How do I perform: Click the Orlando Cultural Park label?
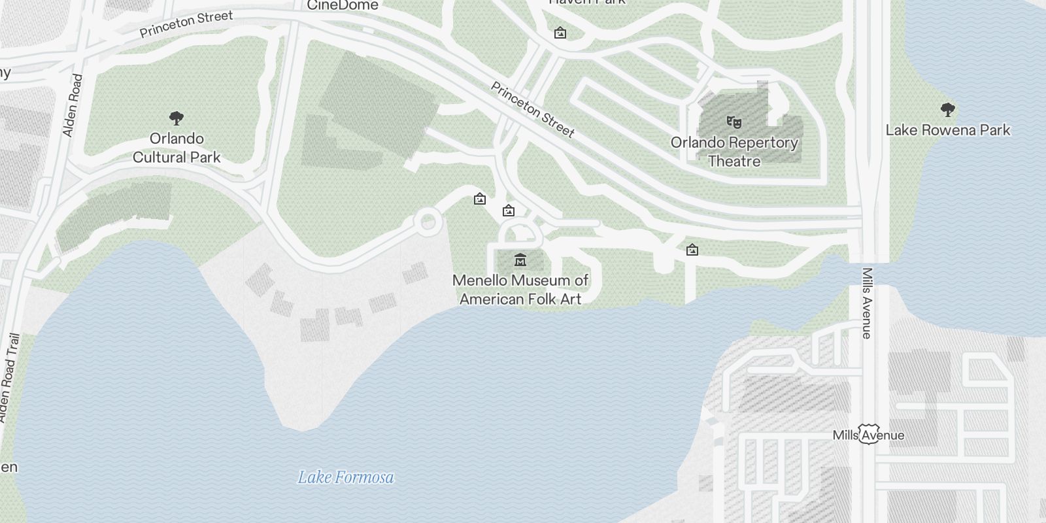177,148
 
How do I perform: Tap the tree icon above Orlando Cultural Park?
176,118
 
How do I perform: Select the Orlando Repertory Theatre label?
734,152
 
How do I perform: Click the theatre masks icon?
734,121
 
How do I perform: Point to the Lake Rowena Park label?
947,130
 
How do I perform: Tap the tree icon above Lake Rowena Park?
947,109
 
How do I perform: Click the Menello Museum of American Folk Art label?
520,290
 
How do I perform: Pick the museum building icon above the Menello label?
520,260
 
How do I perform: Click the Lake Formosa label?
346,477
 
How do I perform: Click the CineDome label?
343,6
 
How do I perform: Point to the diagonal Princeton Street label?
533,110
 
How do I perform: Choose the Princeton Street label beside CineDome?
186,24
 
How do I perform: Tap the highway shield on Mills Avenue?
868,435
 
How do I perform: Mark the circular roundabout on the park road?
428,222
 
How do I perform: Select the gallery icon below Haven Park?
560,33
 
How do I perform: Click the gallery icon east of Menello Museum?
692,250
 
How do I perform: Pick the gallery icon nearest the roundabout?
480,199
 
